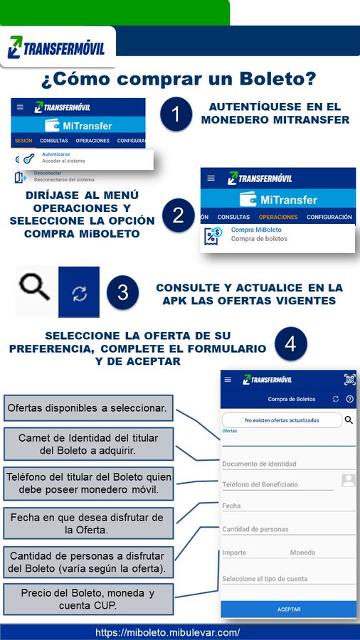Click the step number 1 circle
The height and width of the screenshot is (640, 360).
pyautogui.click(x=176, y=115)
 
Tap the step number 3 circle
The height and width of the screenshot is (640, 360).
pyautogui.click(x=122, y=293)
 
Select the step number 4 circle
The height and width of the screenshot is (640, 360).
pyautogui.click(x=290, y=344)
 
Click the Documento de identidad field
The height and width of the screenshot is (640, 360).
pyautogui.click(x=288, y=464)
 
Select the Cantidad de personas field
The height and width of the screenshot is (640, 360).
pyautogui.click(x=288, y=529)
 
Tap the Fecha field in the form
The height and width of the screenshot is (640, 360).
pyautogui.click(x=288, y=506)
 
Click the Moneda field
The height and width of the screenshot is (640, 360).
pyautogui.click(x=322, y=553)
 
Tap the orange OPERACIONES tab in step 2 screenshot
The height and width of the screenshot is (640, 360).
pyautogui.click(x=278, y=217)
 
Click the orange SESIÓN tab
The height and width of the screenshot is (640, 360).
pyautogui.click(x=23, y=141)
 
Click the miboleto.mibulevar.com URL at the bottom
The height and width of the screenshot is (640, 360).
pyautogui.click(x=168, y=632)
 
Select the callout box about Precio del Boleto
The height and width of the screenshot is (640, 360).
pyautogui.click(x=88, y=599)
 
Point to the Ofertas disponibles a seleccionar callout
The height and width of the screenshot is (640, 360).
pyautogui.click(x=88, y=408)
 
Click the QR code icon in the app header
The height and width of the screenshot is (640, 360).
pyautogui.click(x=349, y=379)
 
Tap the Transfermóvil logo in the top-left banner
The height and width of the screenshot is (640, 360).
pyautogui.click(x=56, y=48)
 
